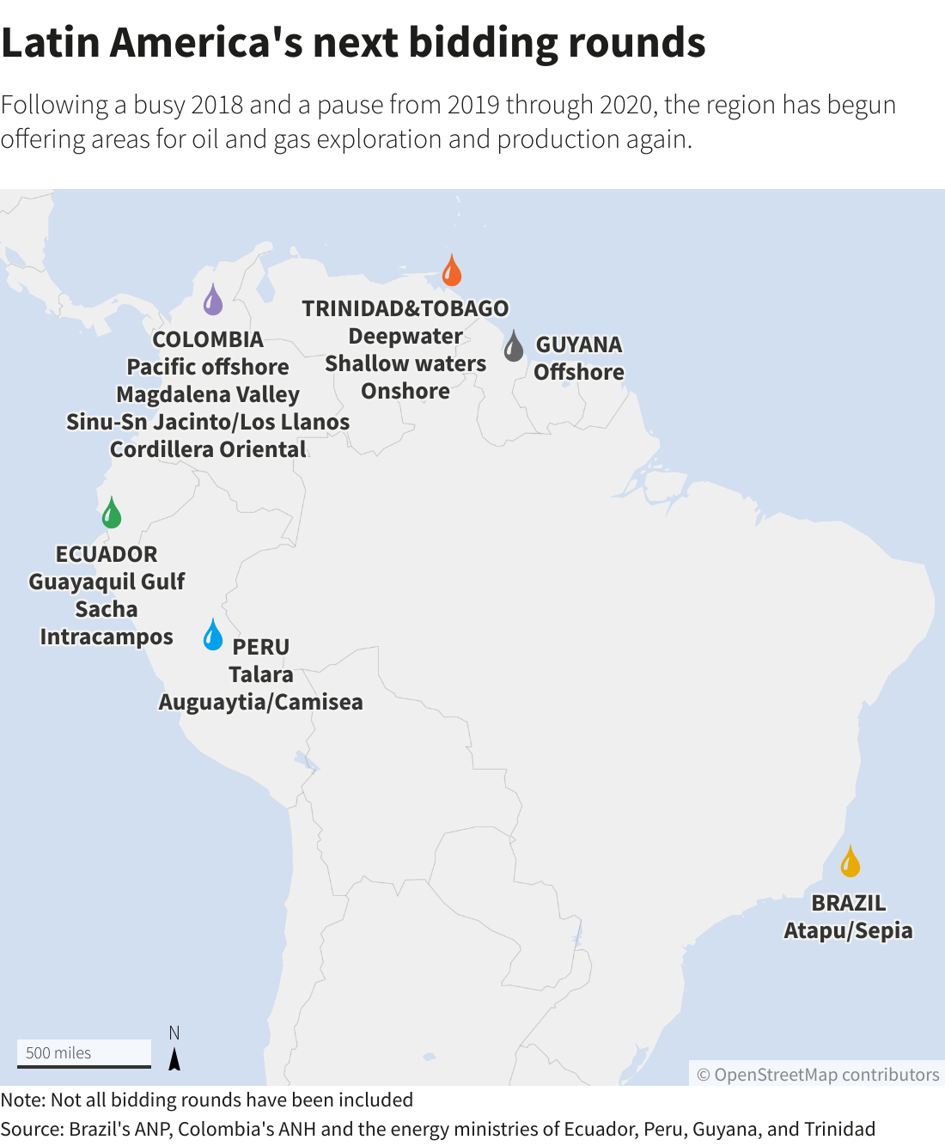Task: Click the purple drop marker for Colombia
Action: (x=213, y=301)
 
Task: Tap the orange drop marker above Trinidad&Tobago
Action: (x=452, y=271)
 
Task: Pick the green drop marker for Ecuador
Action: (x=112, y=514)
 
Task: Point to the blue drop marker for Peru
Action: (x=213, y=635)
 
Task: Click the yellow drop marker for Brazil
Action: (x=850, y=862)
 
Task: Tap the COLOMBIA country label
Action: (x=208, y=339)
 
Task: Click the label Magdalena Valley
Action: (x=208, y=394)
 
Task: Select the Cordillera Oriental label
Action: (x=208, y=449)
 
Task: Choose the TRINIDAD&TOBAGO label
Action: (x=405, y=308)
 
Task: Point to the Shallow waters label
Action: (x=405, y=363)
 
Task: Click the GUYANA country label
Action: (x=579, y=344)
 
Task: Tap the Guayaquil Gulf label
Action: (x=107, y=582)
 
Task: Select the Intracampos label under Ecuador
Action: (x=107, y=637)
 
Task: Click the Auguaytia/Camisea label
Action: (x=261, y=702)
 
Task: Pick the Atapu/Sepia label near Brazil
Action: (x=848, y=930)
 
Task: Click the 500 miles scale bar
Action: (x=84, y=1054)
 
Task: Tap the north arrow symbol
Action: (x=174, y=1058)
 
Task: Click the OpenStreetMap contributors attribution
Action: (x=818, y=1075)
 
